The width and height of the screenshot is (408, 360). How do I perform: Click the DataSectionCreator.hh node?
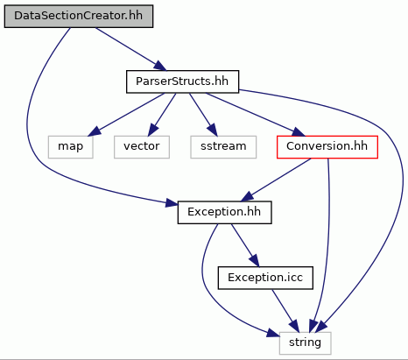(x=79, y=16)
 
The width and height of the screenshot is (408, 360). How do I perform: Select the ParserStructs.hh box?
(x=182, y=81)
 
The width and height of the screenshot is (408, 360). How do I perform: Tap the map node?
(x=71, y=147)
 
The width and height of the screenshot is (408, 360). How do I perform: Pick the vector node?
(x=142, y=147)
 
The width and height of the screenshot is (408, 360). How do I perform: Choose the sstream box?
(x=223, y=147)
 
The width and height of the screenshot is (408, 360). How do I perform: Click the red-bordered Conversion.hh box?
(x=327, y=147)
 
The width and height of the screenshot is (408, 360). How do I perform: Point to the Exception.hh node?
(x=224, y=212)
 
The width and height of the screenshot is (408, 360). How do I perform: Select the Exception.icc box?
(x=265, y=278)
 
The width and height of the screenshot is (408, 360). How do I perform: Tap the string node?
(x=305, y=343)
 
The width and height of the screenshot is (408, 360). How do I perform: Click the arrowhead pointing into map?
(x=95, y=131)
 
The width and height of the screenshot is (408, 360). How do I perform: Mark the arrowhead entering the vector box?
(x=152, y=131)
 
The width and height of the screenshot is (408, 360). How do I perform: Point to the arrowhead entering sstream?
(x=213, y=131)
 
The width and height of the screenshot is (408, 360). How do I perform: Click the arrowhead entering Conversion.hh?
(x=299, y=132)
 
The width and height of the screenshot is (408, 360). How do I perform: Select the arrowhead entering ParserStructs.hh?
(x=160, y=66)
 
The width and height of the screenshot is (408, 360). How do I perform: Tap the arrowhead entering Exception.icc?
(x=254, y=261)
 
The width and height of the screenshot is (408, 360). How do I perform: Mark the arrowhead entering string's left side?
(x=273, y=333)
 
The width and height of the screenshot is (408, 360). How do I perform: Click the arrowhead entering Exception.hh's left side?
(x=172, y=202)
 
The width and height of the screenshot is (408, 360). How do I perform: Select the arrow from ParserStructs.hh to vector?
(x=162, y=115)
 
